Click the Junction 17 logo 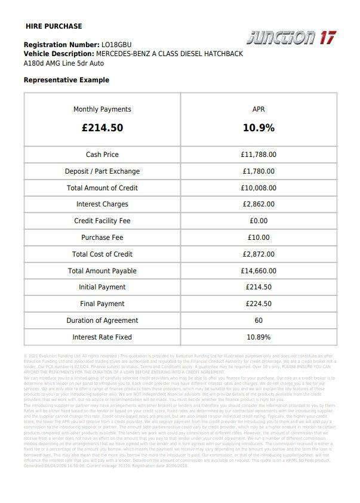[291, 38]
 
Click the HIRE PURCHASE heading [54, 26]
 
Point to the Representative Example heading [66, 80]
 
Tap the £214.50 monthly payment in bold [102, 128]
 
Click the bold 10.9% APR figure [259, 128]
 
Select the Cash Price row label [102, 155]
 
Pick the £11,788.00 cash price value [259, 155]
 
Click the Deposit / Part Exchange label [102, 171]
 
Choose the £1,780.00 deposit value [259, 171]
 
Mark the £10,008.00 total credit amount [259, 188]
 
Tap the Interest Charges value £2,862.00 [259, 204]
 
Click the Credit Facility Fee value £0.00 [259, 221]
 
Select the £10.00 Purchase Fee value [259, 237]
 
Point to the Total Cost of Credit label [102, 254]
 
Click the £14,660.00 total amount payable [259, 271]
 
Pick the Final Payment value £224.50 [259, 304]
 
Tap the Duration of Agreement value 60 [259, 320]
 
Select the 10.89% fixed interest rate [259, 337]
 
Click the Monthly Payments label [102, 109]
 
